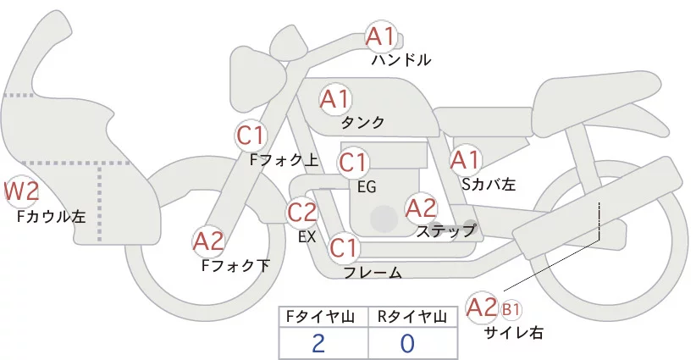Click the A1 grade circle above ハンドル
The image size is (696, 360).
click(x=380, y=36)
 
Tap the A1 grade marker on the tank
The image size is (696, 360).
click(x=334, y=99)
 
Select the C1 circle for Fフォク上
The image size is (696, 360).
click(x=251, y=135)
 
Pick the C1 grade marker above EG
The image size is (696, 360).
click(x=353, y=162)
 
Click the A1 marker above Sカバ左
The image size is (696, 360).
click(x=465, y=159)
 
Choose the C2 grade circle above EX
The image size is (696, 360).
click(x=302, y=212)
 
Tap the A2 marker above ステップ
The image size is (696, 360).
click(x=421, y=207)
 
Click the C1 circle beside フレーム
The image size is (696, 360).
click(x=344, y=248)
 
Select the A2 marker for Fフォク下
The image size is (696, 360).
click(x=208, y=242)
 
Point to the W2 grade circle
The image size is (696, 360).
click(x=21, y=192)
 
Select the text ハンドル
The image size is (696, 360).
click(x=401, y=60)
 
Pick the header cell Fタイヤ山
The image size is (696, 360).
click(x=323, y=316)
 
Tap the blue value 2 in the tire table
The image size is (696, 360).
click(x=318, y=343)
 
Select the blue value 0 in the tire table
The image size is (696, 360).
click(x=407, y=343)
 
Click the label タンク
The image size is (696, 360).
click(x=362, y=123)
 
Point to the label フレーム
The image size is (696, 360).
click(x=373, y=272)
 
